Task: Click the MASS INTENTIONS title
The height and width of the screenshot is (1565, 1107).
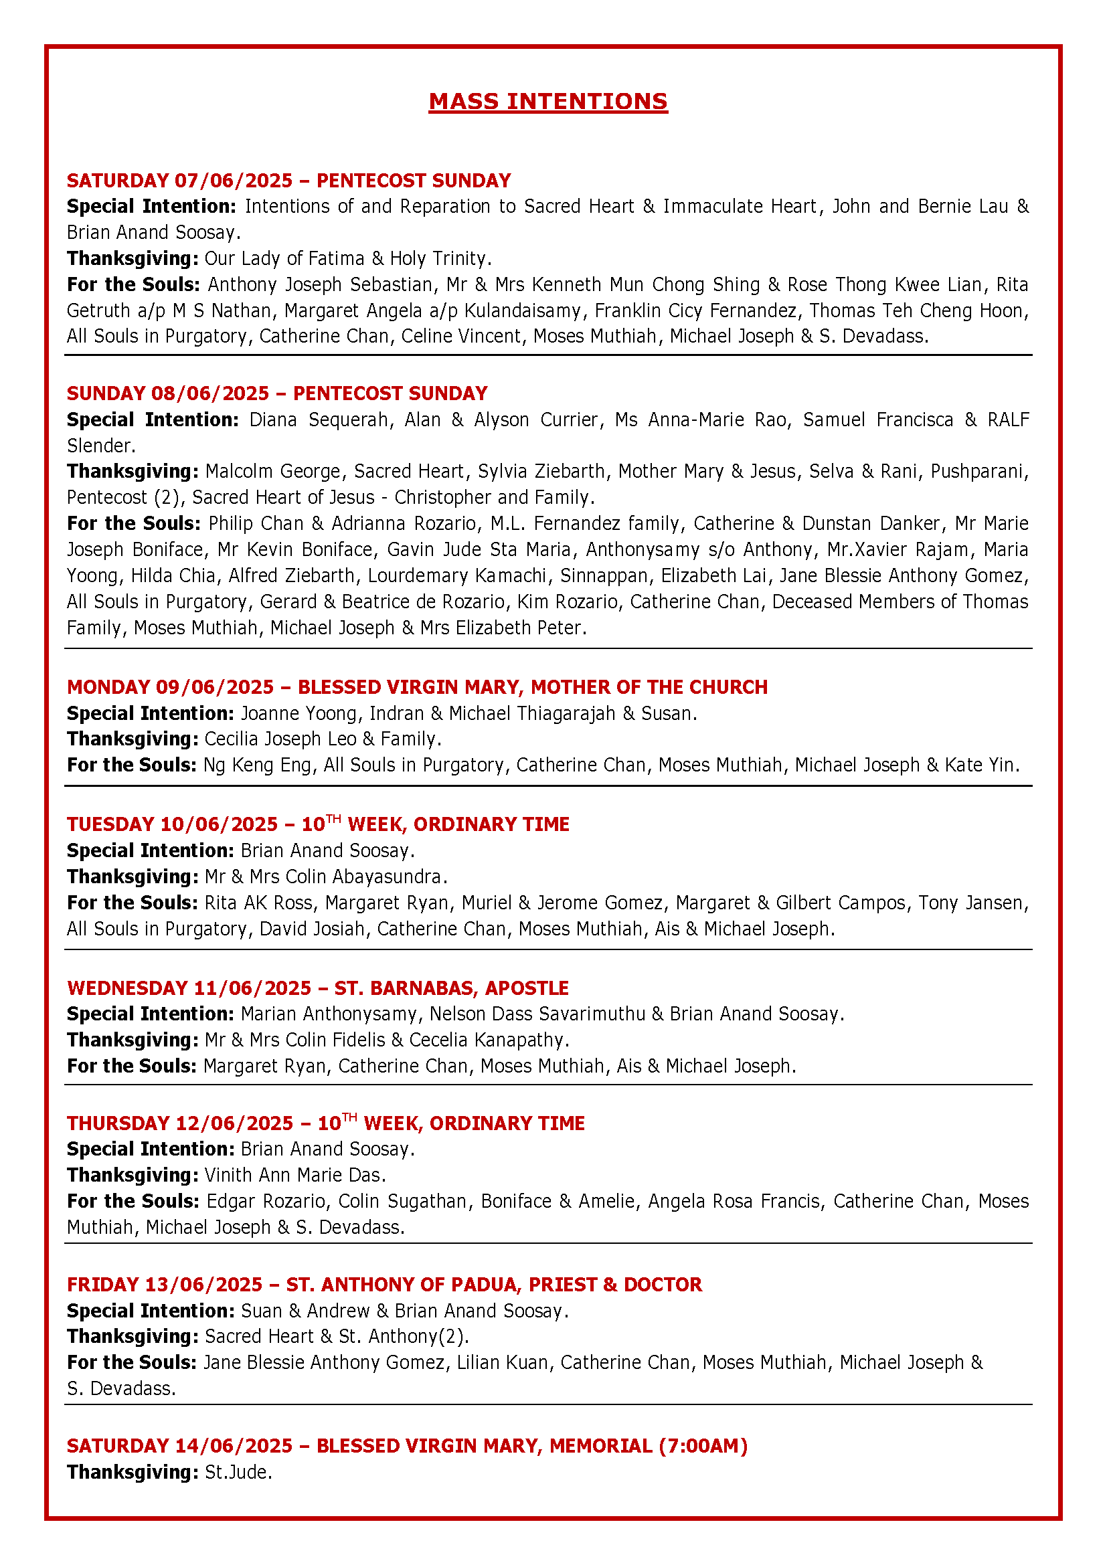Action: [548, 102]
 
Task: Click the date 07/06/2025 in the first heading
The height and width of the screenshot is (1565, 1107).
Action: [233, 181]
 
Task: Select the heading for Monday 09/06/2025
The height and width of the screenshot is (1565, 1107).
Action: [416, 686]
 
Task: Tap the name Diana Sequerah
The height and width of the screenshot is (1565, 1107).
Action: [319, 420]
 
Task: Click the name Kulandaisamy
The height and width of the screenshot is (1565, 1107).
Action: [522, 311]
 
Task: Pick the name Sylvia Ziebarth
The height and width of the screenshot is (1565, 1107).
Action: [541, 472]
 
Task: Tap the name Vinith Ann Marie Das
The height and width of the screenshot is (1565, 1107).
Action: [294, 1175]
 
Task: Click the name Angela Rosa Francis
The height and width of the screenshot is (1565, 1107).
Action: [734, 1201]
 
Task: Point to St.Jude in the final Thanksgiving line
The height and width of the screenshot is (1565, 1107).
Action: [238, 1472]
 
